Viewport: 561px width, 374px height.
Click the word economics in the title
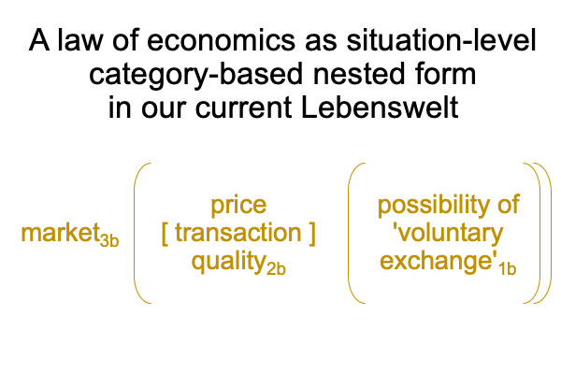pos(221,40)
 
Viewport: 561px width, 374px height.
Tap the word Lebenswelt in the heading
pos(380,108)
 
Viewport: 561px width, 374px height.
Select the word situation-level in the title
pos(441,39)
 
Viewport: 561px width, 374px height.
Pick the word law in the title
pos(79,39)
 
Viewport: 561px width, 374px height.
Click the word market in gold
pos(61,233)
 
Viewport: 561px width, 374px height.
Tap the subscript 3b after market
pos(109,239)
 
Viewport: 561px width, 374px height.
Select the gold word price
pos(238,206)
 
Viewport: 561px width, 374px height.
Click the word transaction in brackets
pos(238,233)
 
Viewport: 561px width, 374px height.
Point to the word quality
pos(229,262)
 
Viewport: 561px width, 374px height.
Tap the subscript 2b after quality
pos(276,268)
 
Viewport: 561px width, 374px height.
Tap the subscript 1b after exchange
pos(508,268)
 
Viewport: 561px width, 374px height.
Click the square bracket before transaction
pos(165,234)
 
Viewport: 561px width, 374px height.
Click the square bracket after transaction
pos(312,234)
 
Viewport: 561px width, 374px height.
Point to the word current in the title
pos(243,108)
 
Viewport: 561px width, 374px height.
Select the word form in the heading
pos(445,74)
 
